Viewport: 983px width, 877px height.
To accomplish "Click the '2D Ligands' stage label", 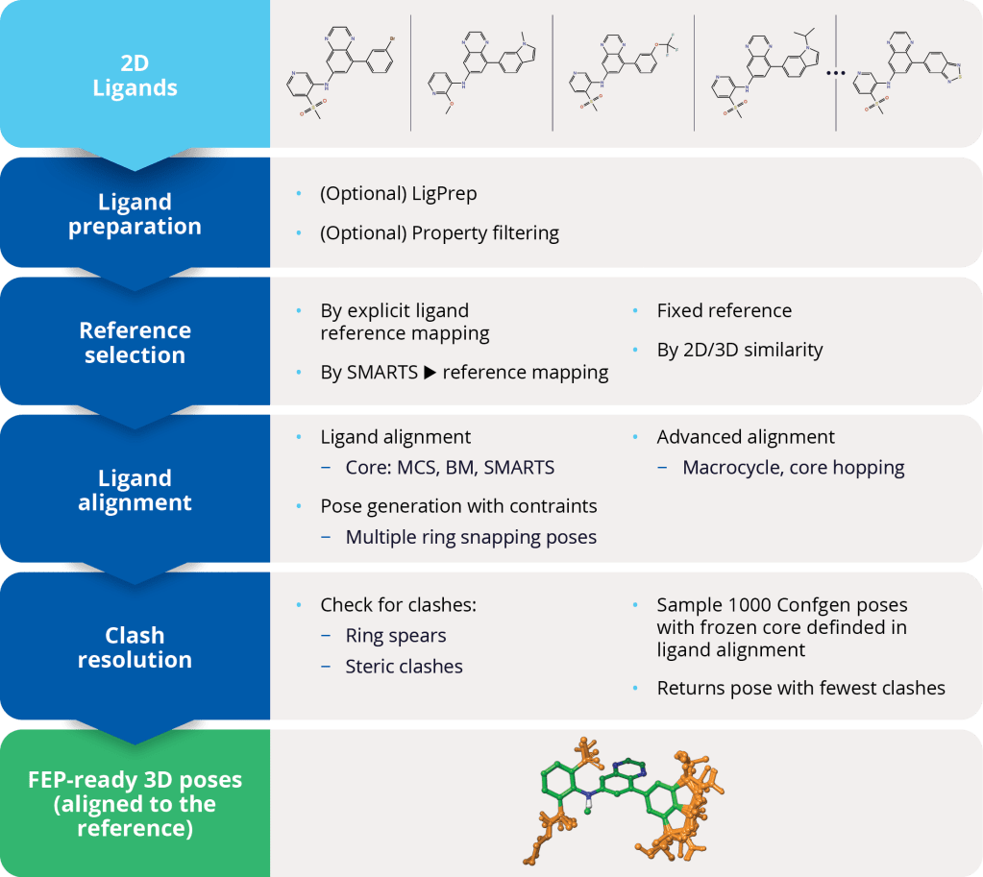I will click(x=135, y=75).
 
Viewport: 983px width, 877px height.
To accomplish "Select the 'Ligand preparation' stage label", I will click(x=135, y=214).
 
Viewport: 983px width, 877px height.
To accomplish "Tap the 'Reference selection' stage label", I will click(x=135, y=343).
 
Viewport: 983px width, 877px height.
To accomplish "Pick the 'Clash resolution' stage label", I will click(x=135, y=647).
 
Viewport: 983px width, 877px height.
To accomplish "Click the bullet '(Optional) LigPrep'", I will click(x=398, y=193).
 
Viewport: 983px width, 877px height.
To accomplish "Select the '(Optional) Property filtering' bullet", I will click(x=439, y=232).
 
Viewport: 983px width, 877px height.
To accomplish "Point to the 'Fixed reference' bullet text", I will click(x=724, y=310).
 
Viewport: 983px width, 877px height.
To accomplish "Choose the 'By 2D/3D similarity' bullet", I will click(x=739, y=350).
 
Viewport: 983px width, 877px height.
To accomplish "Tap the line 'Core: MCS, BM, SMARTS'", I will click(x=449, y=468).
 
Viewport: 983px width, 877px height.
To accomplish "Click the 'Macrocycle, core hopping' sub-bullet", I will click(x=793, y=468).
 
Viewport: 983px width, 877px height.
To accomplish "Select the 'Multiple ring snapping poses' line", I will click(x=471, y=537).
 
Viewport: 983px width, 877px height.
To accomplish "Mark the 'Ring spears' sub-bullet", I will click(x=395, y=635).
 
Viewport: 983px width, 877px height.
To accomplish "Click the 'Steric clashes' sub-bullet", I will click(x=404, y=666).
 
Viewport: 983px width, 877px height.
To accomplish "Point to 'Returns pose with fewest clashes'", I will click(x=800, y=688).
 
